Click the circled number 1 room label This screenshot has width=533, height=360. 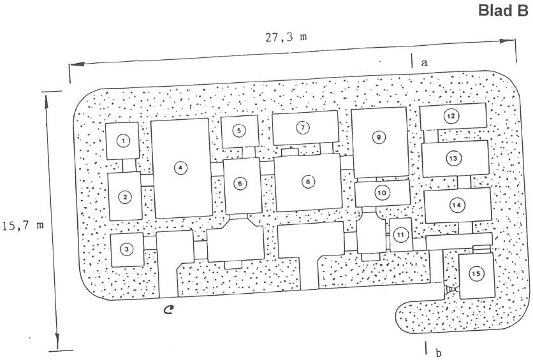click(x=124, y=141)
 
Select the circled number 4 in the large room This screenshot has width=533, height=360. click(x=181, y=168)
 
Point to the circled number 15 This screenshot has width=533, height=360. click(x=475, y=273)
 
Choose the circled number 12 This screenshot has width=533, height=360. click(x=451, y=117)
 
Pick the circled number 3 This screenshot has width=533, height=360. click(x=128, y=249)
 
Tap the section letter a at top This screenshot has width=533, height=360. click(x=423, y=62)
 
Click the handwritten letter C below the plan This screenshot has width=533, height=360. click(x=168, y=311)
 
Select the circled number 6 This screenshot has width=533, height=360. click(x=240, y=184)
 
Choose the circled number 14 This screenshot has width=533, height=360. click(x=456, y=205)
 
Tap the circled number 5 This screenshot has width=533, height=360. click(x=239, y=131)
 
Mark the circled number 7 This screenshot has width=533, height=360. click(x=303, y=127)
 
